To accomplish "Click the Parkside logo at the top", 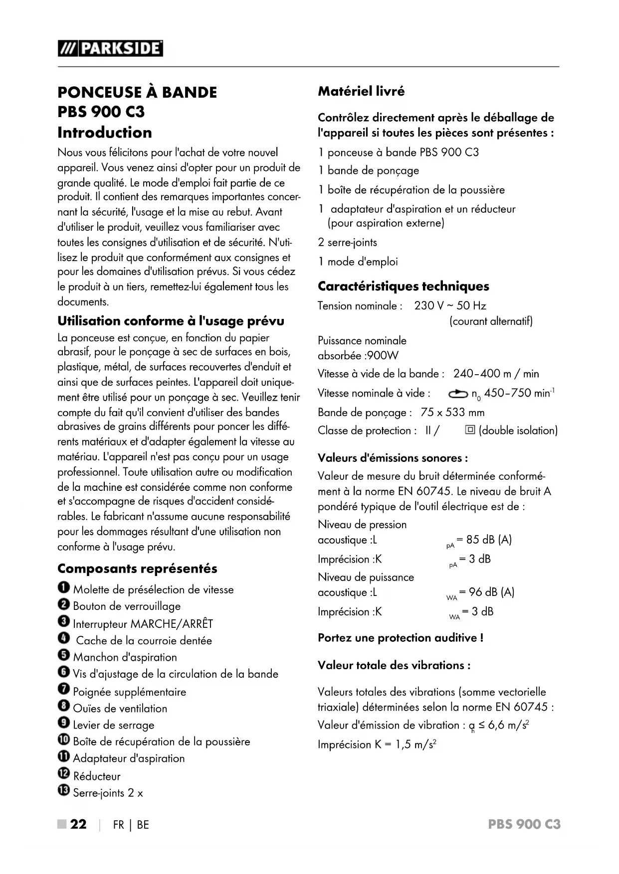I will coord(110,48).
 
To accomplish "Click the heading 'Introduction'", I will coord(105,133).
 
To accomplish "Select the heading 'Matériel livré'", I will coord(361,91).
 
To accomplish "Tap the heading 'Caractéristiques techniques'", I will coord(403,286).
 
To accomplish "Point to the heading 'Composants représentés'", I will coord(137,569).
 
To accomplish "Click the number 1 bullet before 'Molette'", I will coord(63,588).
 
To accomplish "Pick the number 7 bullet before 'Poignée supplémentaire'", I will coord(63,691).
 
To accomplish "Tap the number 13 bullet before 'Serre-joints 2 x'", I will coord(64,792).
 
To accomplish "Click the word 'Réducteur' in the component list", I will coord(97,776).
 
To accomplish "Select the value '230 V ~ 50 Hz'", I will coord(450,306).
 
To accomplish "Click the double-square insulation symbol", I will coord(469,430).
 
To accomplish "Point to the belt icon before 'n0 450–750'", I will coord(458,394).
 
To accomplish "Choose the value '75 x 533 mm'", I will coord(452,413).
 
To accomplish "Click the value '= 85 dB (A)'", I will coord(484,540).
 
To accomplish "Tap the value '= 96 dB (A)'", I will coord(486,592).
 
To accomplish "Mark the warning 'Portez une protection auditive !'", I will coord(400,638).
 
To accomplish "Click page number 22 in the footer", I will coord(78,825).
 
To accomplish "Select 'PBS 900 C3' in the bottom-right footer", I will coord(524,825).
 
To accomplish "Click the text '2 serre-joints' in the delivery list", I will coord(347,243).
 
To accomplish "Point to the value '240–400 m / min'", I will coord(496,374).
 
